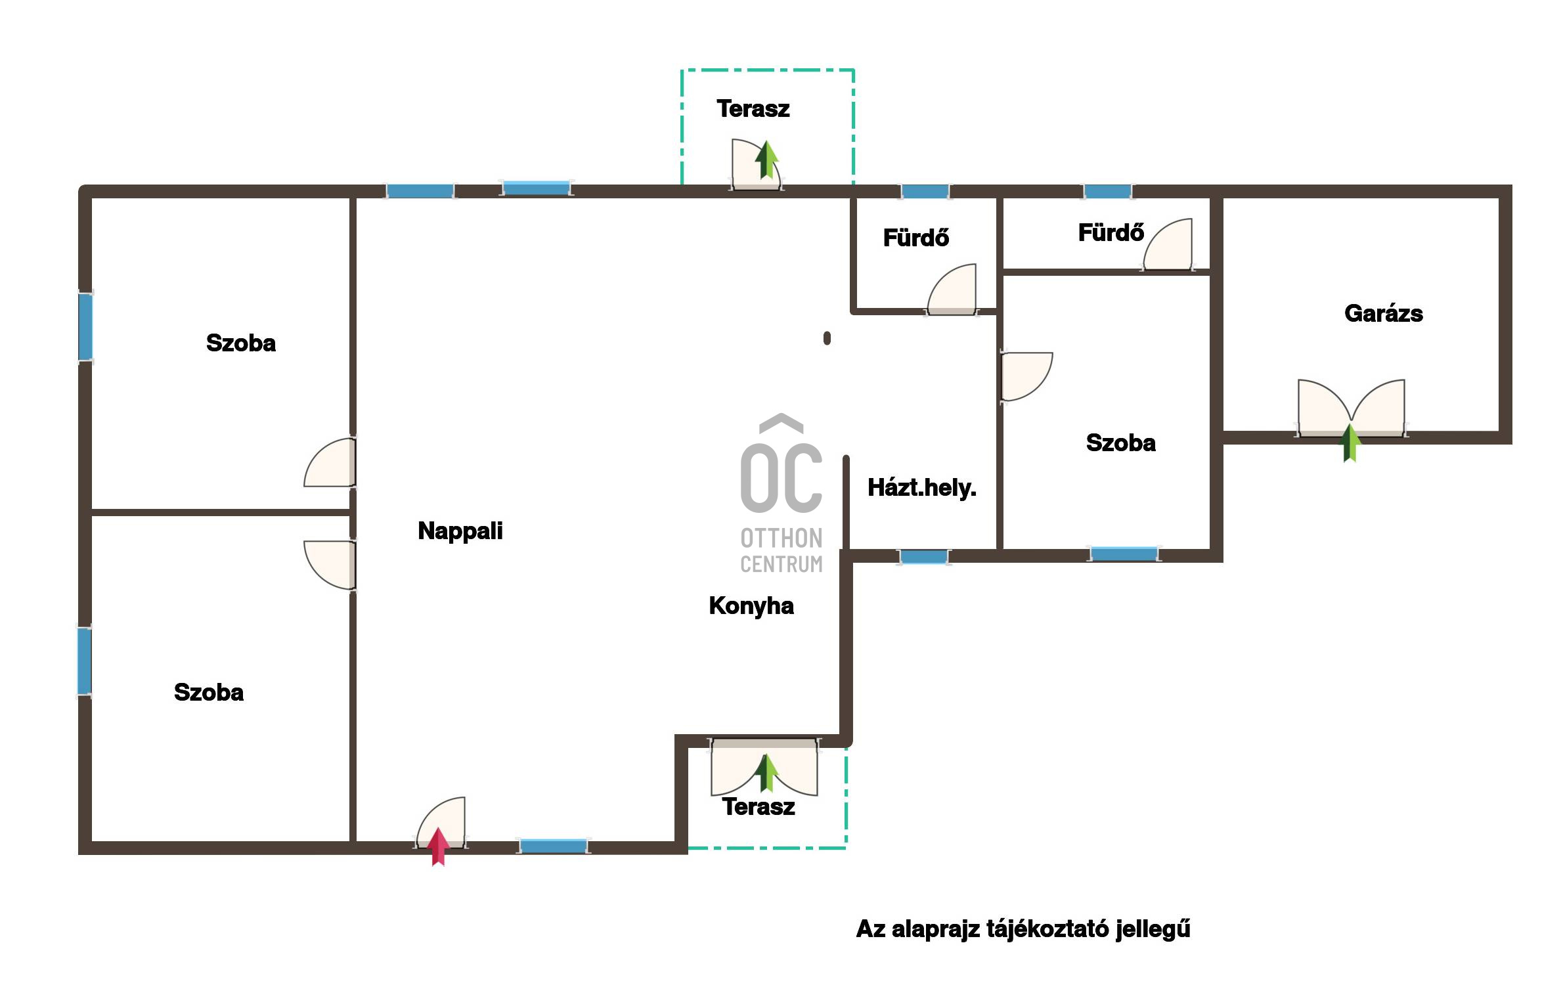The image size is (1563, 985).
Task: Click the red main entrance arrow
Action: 439,847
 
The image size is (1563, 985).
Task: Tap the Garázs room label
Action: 1384,314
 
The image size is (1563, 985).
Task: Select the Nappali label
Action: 460,531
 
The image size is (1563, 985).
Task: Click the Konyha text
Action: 751,606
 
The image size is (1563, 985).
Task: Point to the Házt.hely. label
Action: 922,488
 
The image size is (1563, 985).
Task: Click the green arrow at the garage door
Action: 1350,443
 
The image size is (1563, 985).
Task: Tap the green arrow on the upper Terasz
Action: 766,160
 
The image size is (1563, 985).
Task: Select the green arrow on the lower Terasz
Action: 766,773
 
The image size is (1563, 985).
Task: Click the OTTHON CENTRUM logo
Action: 781,494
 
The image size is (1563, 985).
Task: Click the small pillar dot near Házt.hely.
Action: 827,338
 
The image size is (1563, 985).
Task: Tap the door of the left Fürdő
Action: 952,288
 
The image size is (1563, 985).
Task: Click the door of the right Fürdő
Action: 1168,244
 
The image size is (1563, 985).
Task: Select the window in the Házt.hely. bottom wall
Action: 923,557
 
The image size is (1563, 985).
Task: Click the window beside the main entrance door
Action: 554,846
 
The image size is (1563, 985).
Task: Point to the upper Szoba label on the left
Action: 241,343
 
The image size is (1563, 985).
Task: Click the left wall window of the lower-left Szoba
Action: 85,661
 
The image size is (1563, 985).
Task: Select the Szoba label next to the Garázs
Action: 1121,443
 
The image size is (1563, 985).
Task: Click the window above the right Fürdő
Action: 1107,192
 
